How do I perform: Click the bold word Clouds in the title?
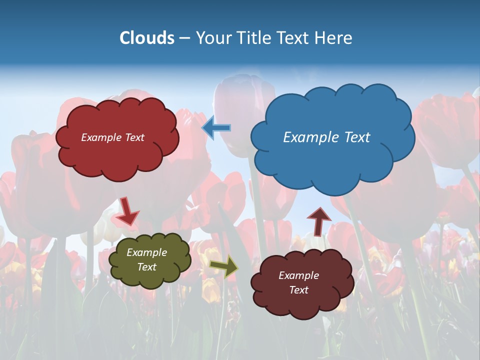(x=147, y=38)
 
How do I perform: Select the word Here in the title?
(x=334, y=38)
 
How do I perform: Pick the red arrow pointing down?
(x=128, y=211)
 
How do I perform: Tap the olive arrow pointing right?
(x=224, y=266)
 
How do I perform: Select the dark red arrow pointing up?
(x=319, y=220)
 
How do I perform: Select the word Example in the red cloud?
(x=101, y=137)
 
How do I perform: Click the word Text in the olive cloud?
(x=147, y=267)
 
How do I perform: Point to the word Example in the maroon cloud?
(x=298, y=275)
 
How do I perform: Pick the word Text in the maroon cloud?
(x=299, y=290)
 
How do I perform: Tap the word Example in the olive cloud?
(x=147, y=253)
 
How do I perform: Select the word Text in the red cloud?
(x=133, y=137)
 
